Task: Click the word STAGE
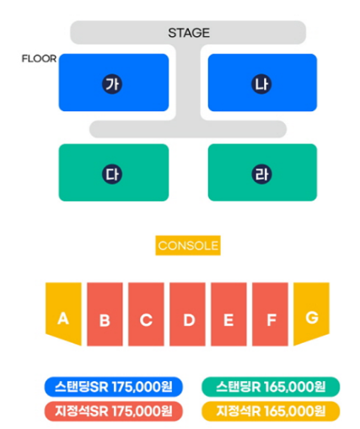(x=189, y=33)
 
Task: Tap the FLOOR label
(x=39, y=59)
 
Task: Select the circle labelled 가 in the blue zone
(x=112, y=83)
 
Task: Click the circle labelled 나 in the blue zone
(x=261, y=83)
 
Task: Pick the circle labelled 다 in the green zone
(x=112, y=174)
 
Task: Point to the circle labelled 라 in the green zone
(x=261, y=174)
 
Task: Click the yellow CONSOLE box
(x=188, y=245)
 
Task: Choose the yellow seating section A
(x=63, y=314)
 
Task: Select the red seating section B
(x=105, y=314)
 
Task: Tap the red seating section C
(x=146, y=314)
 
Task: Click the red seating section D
(x=187, y=314)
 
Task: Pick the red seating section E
(x=228, y=314)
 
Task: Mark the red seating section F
(x=270, y=314)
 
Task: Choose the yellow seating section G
(x=311, y=314)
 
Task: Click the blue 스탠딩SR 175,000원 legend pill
(x=114, y=387)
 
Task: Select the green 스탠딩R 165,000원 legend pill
(x=271, y=387)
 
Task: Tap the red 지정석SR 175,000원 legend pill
(x=114, y=411)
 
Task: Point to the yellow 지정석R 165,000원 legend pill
(x=271, y=411)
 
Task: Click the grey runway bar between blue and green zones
(x=188, y=129)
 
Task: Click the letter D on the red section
(x=189, y=319)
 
